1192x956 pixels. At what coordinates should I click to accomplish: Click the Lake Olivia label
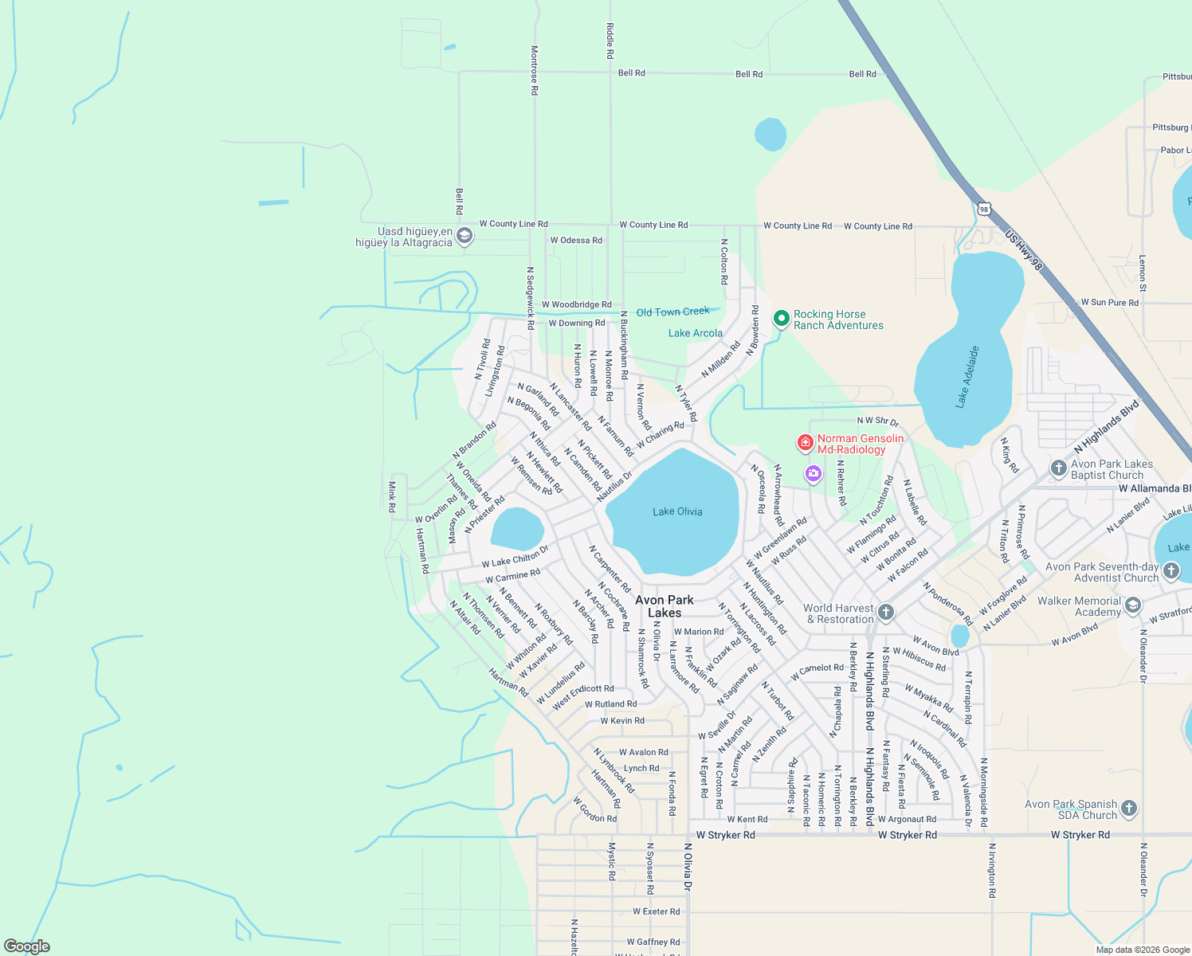coord(677,511)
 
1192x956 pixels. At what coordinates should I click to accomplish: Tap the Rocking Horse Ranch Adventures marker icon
coord(782,319)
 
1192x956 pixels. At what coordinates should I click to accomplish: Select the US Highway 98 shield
coord(984,210)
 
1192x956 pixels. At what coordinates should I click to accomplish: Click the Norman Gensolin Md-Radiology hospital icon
coord(806,442)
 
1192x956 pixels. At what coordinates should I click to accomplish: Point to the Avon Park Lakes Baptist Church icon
coord(1058,468)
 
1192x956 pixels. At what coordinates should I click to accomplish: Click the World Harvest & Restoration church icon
coord(886,613)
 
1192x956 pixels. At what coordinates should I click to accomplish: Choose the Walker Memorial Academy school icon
coord(1133,607)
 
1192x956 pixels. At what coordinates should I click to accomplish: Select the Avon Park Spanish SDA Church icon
coord(1128,809)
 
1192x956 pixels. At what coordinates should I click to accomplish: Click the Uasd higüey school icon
coord(465,237)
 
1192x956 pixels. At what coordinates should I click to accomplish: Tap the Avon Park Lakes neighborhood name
coord(665,606)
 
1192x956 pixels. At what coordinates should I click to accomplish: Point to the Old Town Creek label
coord(672,312)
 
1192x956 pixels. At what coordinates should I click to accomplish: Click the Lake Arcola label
coord(696,333)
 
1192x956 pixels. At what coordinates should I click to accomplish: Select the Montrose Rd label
coord(535,70)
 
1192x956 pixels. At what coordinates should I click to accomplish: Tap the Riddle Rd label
coord(610,41)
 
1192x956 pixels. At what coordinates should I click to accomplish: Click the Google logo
coord(26,946)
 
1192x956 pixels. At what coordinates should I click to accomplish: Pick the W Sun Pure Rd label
coord(1109,303)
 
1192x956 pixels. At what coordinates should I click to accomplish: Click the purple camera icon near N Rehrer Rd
coord(813,474)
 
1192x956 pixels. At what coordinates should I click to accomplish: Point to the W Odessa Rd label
coord(576,240)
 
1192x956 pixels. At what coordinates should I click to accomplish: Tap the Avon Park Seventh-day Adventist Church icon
coord(1170,570)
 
